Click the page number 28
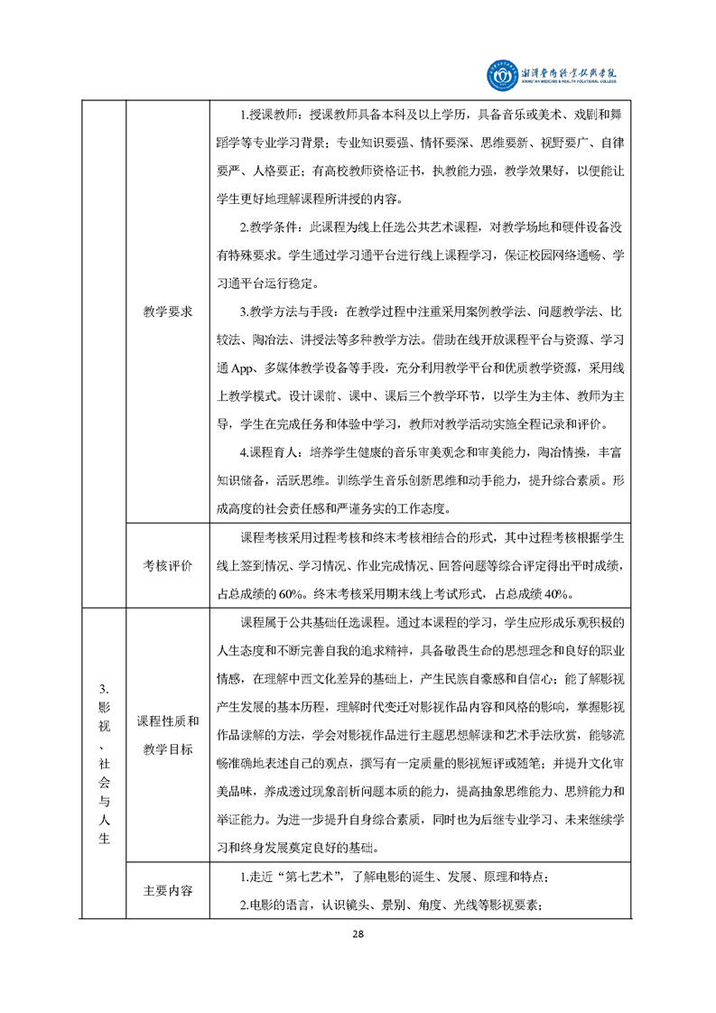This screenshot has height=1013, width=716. pyautogui.click(x=358, y=933)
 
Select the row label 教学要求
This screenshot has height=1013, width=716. pyautogui.click(x=168, y=311)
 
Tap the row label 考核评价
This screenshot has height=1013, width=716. pyautogui.click(x=168, y=566)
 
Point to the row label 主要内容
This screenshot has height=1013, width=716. pyautogui.click(x=168, y=890)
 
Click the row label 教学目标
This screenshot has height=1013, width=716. pyautogui.click(x=168, y=749)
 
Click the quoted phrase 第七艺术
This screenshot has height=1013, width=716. pyautogui.click(x=311, y=877)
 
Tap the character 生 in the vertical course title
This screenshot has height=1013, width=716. pyautogui.click(x=104, y=839)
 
